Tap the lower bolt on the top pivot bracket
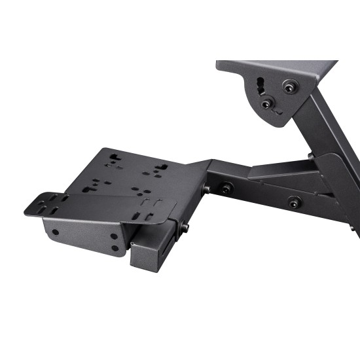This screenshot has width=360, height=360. coord(266,103)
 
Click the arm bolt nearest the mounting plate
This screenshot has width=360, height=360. coord(226,189)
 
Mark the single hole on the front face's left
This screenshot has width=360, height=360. coord(56,232)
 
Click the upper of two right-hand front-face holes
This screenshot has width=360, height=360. coord(115,236)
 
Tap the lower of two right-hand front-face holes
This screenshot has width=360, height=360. coord(115,247)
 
